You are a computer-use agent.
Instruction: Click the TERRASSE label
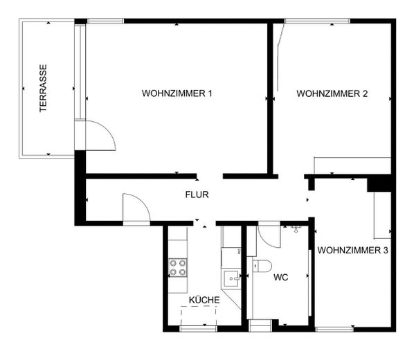[43, 88]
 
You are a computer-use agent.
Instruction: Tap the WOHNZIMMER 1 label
[177, 93]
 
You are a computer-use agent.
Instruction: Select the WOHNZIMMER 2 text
[332, 93]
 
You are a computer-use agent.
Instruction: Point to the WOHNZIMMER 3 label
[353, 250]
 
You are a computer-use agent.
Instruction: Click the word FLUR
[197, 195]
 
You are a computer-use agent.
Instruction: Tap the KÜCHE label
[204, 300]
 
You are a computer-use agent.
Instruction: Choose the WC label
[281, 278]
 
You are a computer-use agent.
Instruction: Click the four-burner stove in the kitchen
[178, 267]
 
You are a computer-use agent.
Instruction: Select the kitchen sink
[232, 278]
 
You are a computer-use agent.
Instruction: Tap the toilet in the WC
[262, 266]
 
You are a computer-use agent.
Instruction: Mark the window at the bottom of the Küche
[198, 329]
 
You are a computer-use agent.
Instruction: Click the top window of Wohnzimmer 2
[317, 21]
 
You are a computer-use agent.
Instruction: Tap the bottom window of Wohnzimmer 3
[334, 329]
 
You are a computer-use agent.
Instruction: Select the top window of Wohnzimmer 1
[106, 21]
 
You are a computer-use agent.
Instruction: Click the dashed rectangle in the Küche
[199, 316]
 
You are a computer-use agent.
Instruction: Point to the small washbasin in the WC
[296, 228]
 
